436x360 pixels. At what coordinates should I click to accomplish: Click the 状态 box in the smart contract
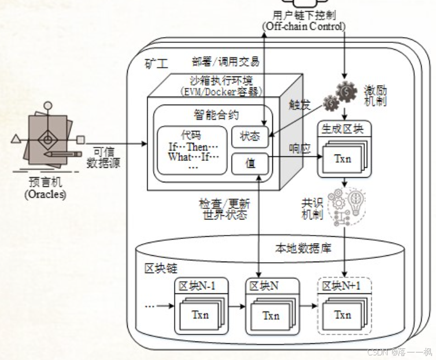click(250, 137)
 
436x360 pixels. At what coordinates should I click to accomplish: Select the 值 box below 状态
click(250, 164)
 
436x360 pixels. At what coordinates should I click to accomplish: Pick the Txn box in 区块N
click(270, 316)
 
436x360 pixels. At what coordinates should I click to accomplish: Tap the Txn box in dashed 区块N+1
click(342, 315)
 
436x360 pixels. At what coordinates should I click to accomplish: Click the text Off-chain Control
click(304, 26)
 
